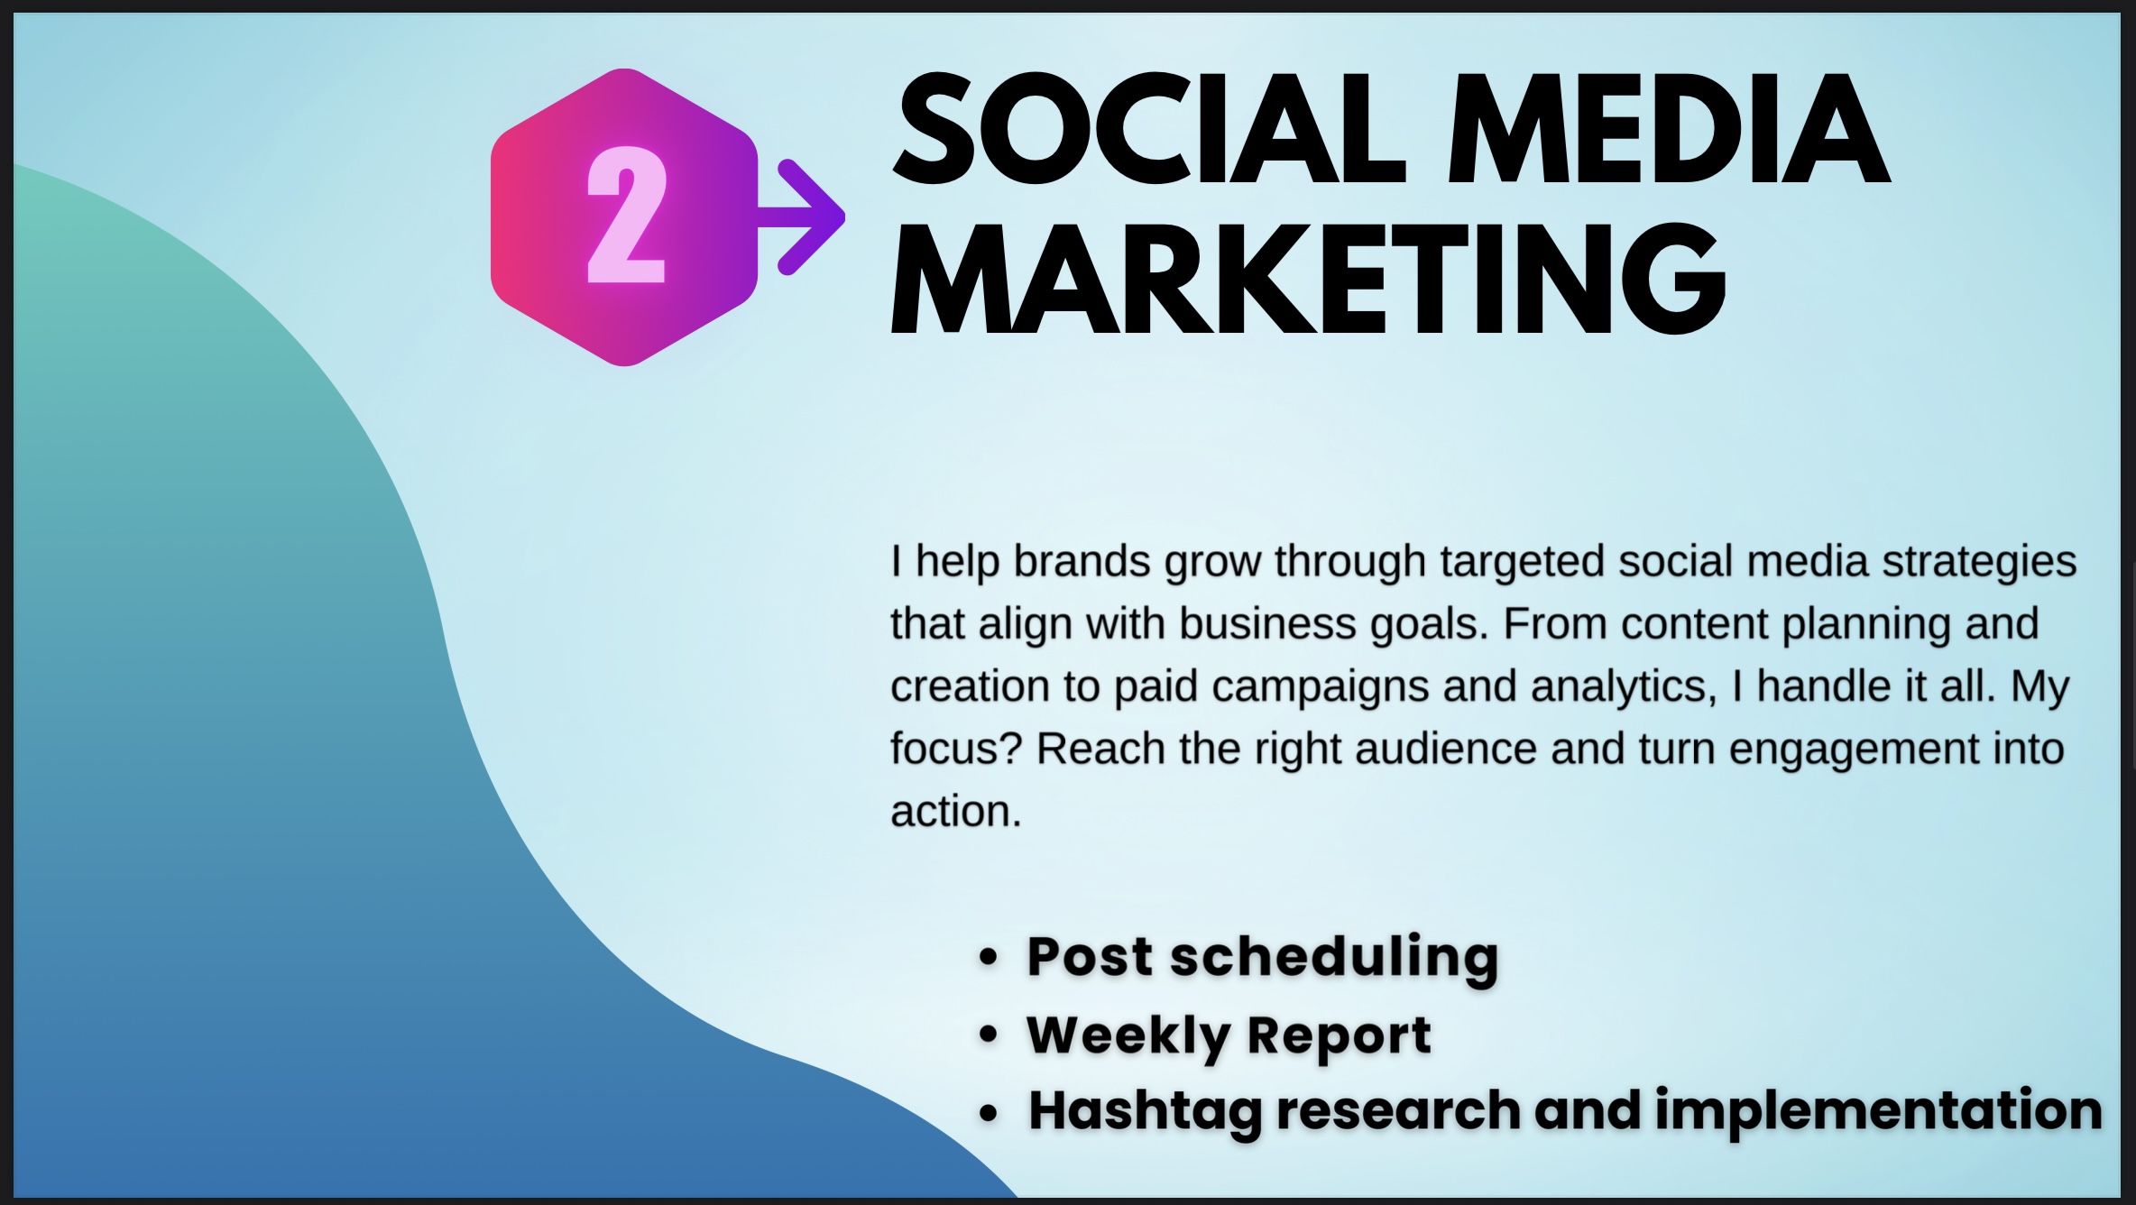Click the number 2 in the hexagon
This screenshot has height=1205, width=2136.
627,217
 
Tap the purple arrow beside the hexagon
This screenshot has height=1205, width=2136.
807,217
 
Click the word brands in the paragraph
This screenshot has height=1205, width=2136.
1082,561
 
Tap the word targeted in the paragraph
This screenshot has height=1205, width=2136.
1522,561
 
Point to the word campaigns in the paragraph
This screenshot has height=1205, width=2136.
1321,686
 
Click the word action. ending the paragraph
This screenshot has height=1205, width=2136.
955,811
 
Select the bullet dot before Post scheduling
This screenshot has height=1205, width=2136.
989,958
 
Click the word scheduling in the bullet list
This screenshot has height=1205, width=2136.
1334,957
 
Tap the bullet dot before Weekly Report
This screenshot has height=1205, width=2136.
989,1035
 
